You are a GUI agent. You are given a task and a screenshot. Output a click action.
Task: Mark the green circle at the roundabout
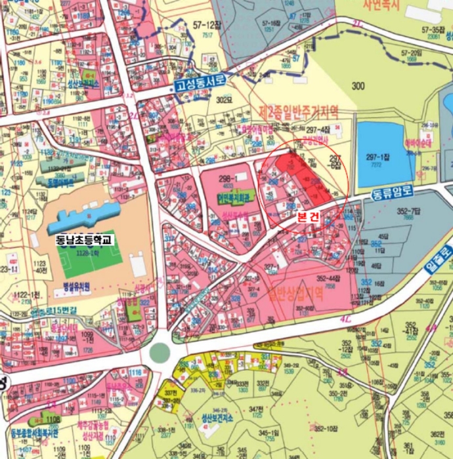(160, 352)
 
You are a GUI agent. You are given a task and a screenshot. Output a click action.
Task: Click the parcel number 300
(358, 86)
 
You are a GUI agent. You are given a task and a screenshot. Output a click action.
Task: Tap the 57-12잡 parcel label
(205, 24)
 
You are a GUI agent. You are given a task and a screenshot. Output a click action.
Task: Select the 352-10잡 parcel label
(327, 429)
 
